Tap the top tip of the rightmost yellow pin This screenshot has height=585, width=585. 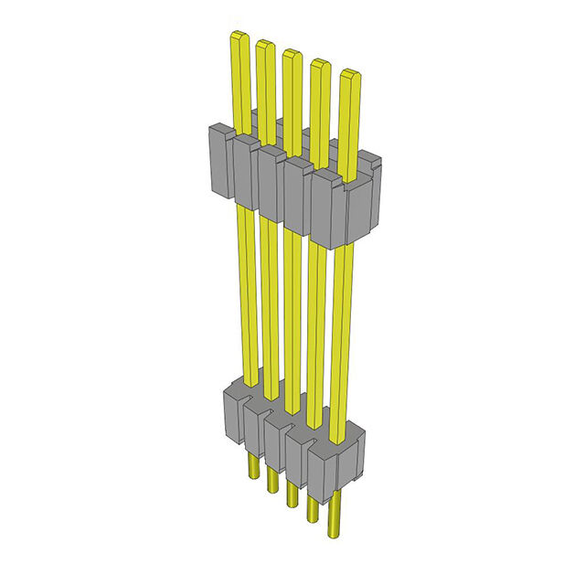tap(349, 75)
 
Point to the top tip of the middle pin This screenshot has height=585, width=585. tap(292, 55)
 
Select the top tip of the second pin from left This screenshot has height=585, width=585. tap(265, 46)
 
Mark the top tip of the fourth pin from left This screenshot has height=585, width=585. tap(320, 65)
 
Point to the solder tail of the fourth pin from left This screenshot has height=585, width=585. tap(314, 505)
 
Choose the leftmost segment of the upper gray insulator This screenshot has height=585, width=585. tap(222, 161)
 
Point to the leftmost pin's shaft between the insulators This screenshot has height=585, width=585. tap(244, 292)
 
